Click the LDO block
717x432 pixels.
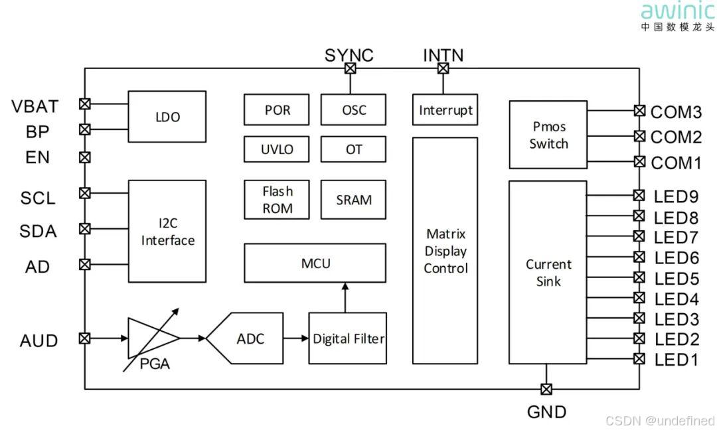click(x=167, y=117)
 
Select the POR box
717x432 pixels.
click(x=277, y=109)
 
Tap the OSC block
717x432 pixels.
click(x=353, y=109)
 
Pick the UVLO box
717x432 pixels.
click(x=277, y=149)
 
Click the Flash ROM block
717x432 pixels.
click(x=277, y=200)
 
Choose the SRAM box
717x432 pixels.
click(x=353, y=200)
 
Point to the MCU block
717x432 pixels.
click(x=315, y=263)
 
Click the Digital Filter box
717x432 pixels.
click(x=348, y=338)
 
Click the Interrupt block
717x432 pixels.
click(x=445, y=110)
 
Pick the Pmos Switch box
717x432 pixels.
click(x=548, y=135)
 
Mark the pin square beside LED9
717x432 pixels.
click(x=639, y=195)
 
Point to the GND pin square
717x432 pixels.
click(x=546, y=389)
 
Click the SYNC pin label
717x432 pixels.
click(x=349, y=55)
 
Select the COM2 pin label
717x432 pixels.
click(x=676, y=137)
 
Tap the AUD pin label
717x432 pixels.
click(x=39, y=340)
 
